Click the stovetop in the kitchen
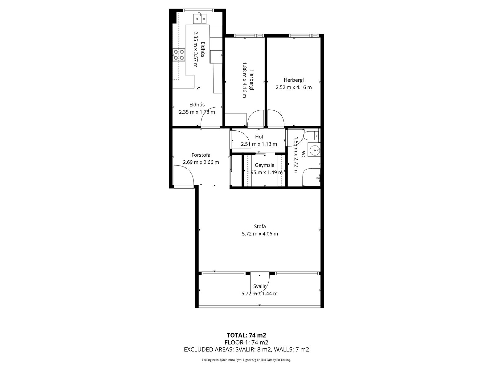click(178, 55)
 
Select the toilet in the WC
click(311, 135)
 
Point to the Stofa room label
click(260, 226)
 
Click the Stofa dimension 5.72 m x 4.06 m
click(260, 234)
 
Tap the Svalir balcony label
click(259, 286)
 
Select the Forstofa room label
click(201, 155)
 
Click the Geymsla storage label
click(265, 165)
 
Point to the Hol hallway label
click(259, 137)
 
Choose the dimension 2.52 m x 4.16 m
click(294, 87)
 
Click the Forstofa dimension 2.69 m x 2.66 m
click(201, 162)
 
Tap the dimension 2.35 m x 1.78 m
click(197, 112)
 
